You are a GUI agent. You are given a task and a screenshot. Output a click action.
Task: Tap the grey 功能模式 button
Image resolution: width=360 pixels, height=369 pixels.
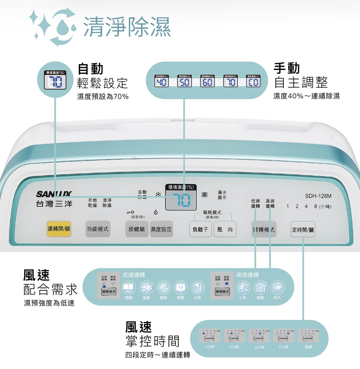97,229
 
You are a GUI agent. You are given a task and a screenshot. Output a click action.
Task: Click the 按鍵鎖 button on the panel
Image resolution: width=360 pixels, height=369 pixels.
137,229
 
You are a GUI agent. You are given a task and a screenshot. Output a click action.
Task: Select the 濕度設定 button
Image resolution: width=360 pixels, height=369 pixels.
161,229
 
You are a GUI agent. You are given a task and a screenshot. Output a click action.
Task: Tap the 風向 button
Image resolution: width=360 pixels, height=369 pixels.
225,229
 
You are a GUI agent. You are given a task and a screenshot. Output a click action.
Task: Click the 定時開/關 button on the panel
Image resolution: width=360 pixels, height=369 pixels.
303,230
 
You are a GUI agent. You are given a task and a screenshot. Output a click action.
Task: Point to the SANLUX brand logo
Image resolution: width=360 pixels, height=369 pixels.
54,194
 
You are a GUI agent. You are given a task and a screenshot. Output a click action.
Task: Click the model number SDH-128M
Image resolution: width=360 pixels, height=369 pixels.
318,196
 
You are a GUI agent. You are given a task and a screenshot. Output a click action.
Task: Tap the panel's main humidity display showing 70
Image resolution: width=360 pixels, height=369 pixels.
181,200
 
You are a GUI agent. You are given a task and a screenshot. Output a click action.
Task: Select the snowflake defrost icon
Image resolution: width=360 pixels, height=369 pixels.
158,194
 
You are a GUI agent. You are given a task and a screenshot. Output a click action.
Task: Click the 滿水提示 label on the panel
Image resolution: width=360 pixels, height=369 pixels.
222,195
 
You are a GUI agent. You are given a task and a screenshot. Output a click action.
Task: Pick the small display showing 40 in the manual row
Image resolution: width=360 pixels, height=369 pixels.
161,82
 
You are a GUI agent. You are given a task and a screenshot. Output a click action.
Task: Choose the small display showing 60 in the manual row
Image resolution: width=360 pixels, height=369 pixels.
207,82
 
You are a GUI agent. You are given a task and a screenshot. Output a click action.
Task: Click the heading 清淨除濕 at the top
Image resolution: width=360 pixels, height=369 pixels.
127,27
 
